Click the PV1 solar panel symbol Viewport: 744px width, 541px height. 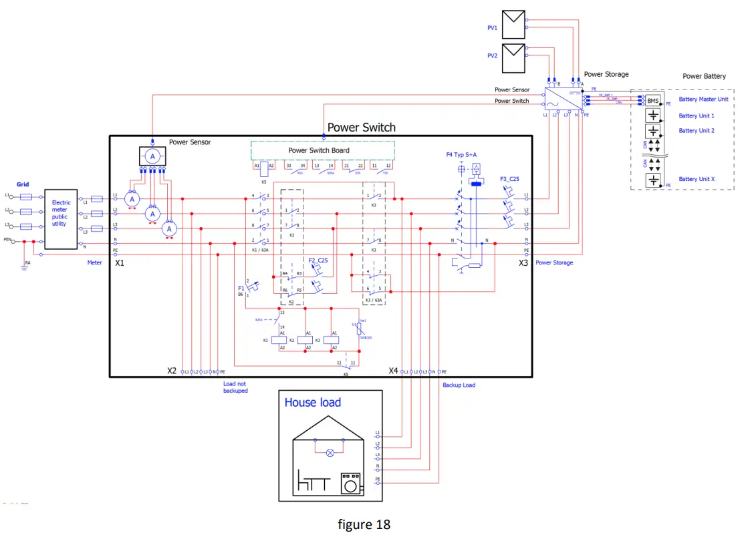pos(513,25)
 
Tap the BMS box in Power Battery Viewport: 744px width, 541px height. pos(653,101)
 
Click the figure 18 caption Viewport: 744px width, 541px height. pos(364,524)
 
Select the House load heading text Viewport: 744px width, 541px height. pos(312,402)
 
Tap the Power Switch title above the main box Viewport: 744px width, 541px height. pos(361,128)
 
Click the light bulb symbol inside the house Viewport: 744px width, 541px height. pos(329,452)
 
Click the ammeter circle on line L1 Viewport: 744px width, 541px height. pos(132,199)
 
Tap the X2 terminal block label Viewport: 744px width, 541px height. pos(172,370)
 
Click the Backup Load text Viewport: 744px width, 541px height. pos(459,385)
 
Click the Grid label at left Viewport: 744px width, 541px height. pos(23,184)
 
